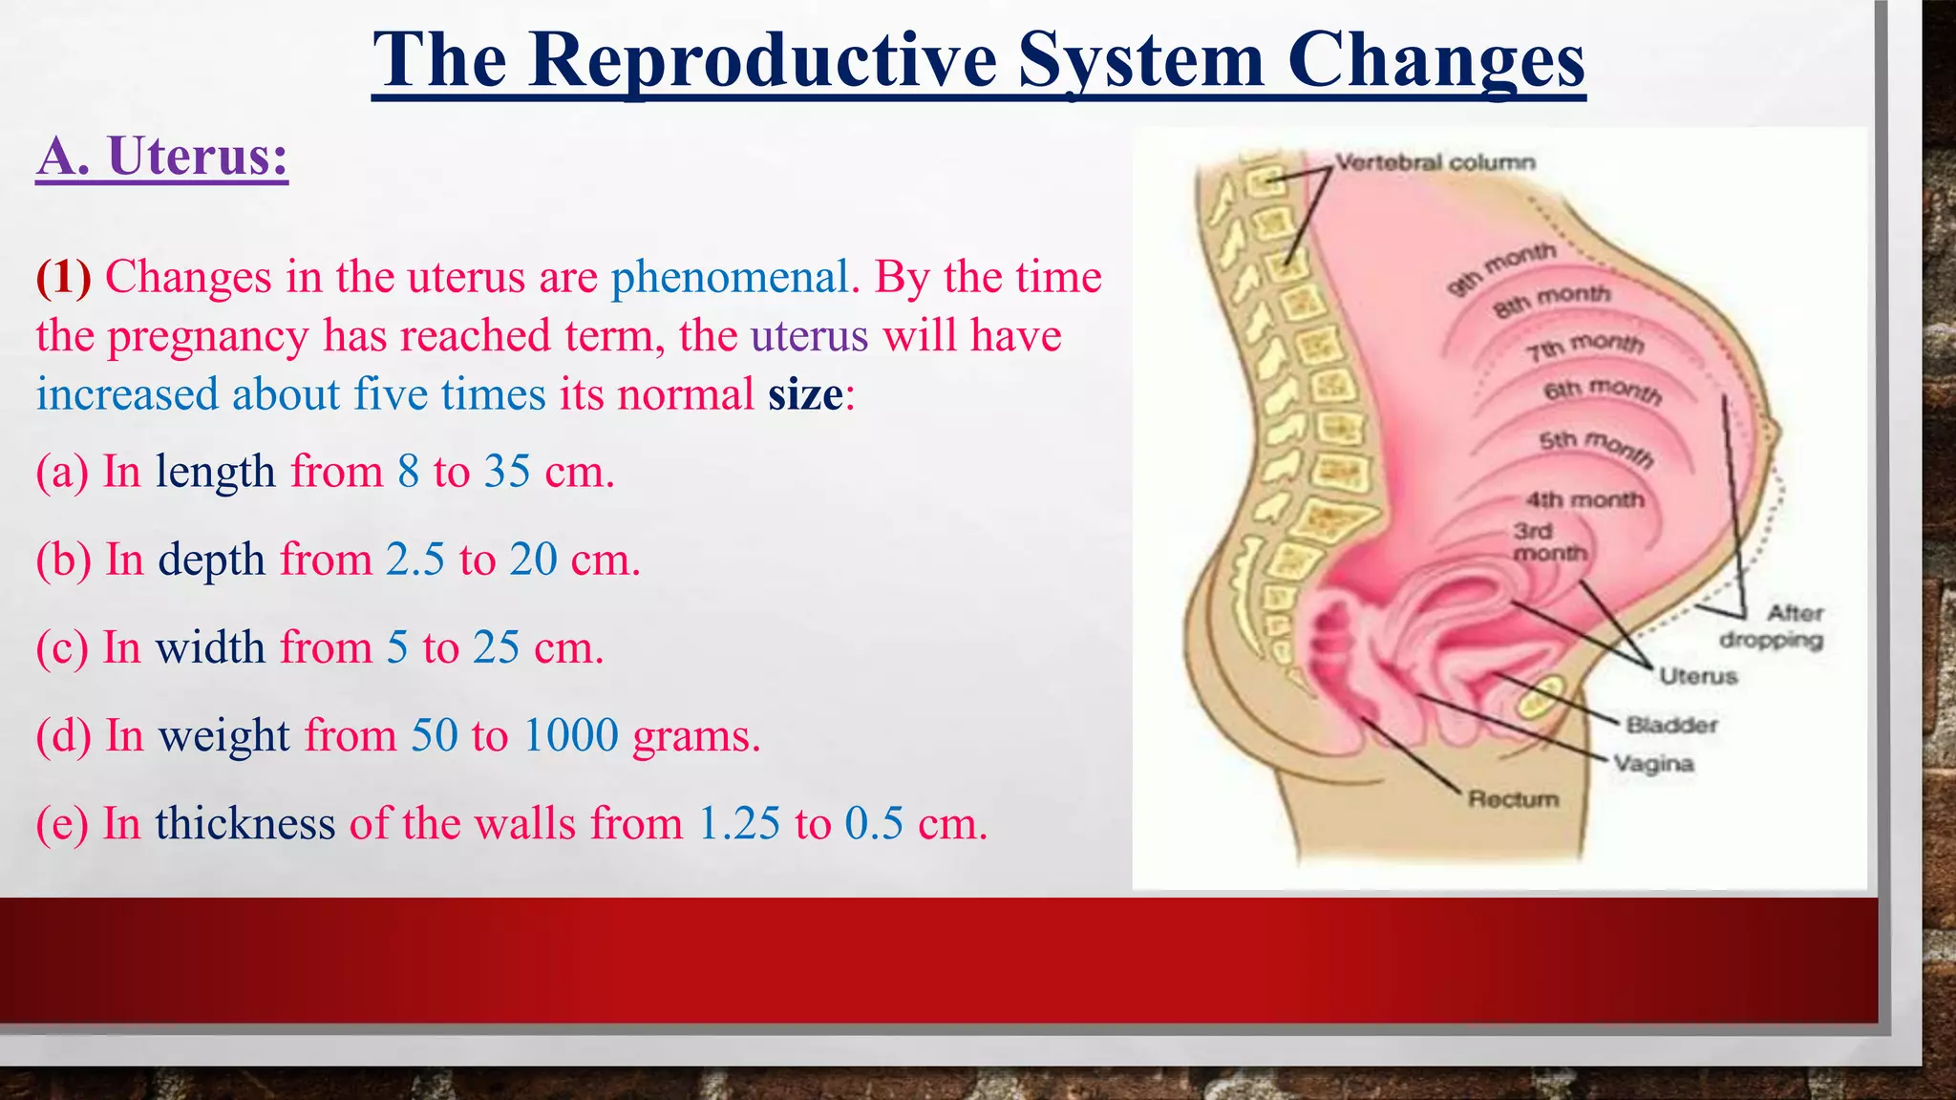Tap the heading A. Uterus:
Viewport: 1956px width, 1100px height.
point(162,156)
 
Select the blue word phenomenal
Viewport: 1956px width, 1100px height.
point(730,278)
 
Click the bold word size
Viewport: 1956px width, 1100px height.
point(805,394)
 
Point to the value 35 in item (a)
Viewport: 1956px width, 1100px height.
point(506,472)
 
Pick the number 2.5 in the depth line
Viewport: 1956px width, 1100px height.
point(415,560)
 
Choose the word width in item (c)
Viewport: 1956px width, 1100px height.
point(210,647)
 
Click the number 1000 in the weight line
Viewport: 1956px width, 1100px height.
point(571,735)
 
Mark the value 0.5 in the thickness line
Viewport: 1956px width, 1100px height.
point(873,823)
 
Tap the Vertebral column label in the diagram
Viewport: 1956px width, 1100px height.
point(1435,162)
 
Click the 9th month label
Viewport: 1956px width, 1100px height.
point(1501,270)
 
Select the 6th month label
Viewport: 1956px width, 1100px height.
point(1603,391)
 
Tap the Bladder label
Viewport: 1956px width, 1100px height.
point(1671,726)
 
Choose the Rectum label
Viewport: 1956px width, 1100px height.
point(1513,798)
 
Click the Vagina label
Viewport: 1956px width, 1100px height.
point(1654,764)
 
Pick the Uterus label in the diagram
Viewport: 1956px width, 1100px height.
point(1698,676)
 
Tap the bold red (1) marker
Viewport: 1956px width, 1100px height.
point(63,278)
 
